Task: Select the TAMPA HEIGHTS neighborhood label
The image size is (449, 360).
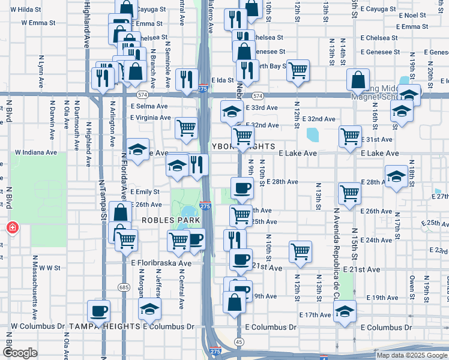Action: pos(105,326)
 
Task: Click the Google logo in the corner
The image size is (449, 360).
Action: pos(20,353)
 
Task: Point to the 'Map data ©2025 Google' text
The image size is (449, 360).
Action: pos(411,355)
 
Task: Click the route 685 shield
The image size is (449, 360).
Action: pos(124,287)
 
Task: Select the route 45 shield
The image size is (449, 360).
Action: pos(239,341)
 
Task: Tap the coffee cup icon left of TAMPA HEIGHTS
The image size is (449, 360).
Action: pos(99,311)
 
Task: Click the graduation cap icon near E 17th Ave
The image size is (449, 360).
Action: pos(345,311)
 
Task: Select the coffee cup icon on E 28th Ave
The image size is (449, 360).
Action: pos(242,188)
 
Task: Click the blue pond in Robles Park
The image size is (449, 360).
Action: pos(188,212)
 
